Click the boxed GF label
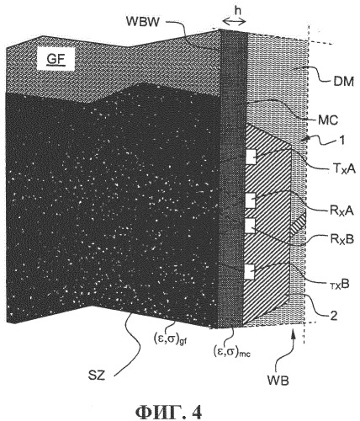pyautogui.click(x=56, y=60)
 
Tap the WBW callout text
pyautogui.click(x=143, y=21)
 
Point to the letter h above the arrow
pyautogui.click(x=238, y=10)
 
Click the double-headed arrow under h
pyautogui.click(x=234, y=21)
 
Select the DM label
pyautogui.click(x=343, y=82)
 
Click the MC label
pyautogui.click(x=328, y=120)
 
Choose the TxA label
pyautogui.click(x=342, y=169)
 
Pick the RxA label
pyautogui.click(x=341, y=210)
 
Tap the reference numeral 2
pyautogui.click(x=334, y=316)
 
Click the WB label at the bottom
pyautogui.click(x=278, y=381)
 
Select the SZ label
pyautogui.click(x=97, y=376)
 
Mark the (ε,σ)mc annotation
pyautogui.click(x=232, y=352)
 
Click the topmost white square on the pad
pyautogui.click(x=251, y=157)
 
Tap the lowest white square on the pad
pyautogui.click(x=249, y=272)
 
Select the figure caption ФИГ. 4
pyautogui.click(x=168, y=413)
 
